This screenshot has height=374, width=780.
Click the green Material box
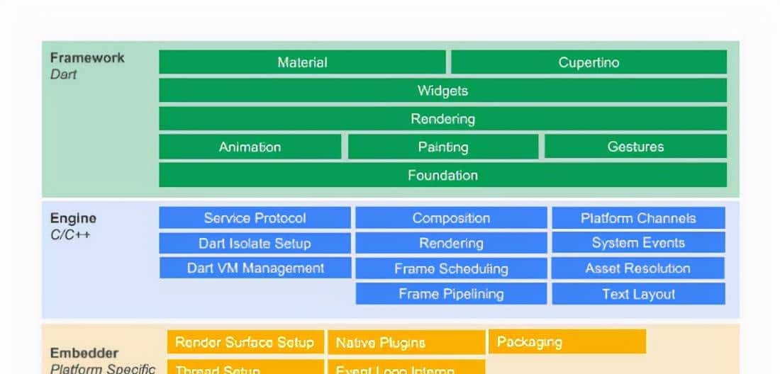pyautogui.click(x=302, y=62)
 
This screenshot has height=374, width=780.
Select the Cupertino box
pyautogui.click(x=589, y=62)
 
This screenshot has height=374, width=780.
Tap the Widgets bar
pyautogui.click(x=442, y=91)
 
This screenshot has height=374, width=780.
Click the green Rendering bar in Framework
pyautogui.click(x=442, y=119)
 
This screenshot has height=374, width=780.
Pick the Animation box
pyautogui.click(x=250, y=147)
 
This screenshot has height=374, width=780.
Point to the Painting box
pyautogui.click(x=442, y=147)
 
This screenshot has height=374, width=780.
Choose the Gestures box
pyautogui.click(x=635, y=147)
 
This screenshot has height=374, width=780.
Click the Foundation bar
pyautogui.click(x=442, y=175)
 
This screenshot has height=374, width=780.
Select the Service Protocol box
pyautogui.click(x=255, y=218)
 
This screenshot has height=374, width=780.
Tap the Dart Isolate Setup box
pyautogui.click(x=255, y=243)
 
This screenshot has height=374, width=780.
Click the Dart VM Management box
pyautogui.click(x=255, y=268)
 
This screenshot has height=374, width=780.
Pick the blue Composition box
pyautogui.click(x=451, y=218)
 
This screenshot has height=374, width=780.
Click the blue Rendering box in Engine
pyautogui.click(x=451, y=243)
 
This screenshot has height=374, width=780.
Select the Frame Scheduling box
pyautogui.click(x=451, y=268)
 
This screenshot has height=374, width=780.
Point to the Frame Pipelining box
pyautogui.click(x=451, y=294)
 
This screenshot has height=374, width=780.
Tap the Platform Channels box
pyautogui.click(x=638, y=218)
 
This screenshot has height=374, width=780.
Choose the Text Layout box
pyautogui.click(x=638, y=294)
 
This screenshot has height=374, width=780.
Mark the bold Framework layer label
pyautogui.click(x=87, y=58)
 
